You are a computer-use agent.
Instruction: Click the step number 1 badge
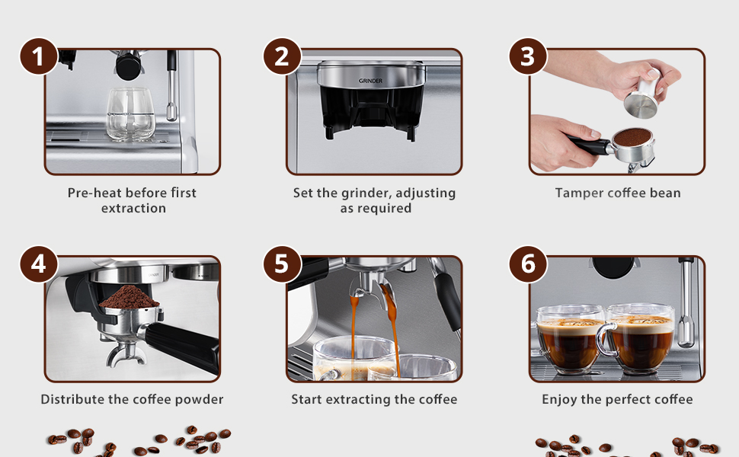pos(38,56)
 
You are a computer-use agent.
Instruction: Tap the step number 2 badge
pos(282,56)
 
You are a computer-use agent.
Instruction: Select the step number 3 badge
pos(527,56)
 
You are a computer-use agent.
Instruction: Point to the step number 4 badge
pos(38,264)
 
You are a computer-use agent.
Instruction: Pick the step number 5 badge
pos(282,264)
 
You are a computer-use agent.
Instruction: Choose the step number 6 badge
pos(527,264)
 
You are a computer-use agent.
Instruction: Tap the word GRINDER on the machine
pos(371,81)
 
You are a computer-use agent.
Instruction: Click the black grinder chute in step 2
pos(371,114)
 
